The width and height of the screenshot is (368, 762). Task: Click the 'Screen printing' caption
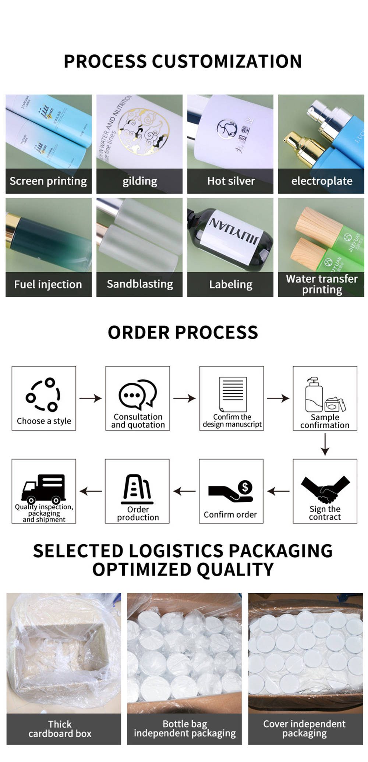point(48,181)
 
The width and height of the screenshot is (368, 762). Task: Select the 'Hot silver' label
point(231,181)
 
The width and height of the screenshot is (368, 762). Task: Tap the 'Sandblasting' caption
point(139,284)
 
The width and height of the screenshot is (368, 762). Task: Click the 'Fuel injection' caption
point(48,284)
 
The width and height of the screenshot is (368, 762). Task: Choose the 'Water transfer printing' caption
point(322,284)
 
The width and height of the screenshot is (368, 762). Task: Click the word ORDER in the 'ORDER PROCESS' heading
point(139,332)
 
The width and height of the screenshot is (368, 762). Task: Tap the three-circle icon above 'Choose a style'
point(43,395)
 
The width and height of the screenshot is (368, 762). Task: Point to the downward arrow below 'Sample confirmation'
point(325,444)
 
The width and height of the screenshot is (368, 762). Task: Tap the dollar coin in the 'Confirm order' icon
point(245,487)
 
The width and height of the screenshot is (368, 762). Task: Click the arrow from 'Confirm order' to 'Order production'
point(184,491)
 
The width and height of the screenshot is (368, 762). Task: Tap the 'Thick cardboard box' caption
point(60,729)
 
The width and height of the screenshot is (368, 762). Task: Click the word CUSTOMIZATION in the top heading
point(227,61)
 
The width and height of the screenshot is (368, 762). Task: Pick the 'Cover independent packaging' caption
point(304,729)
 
